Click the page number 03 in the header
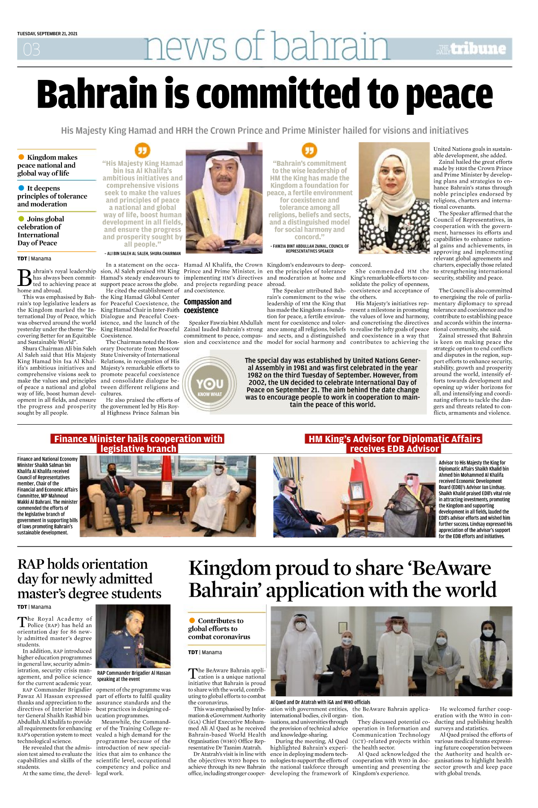[x=31, y=49]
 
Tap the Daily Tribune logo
[x=472, y=49]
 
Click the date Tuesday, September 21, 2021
[x=47, y=34]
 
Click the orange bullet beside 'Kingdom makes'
[x=21, y=157]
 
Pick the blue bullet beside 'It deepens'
[x=21, y=188]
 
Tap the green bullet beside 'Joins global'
[x=21, y=219]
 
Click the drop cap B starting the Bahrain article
[x=24, y=278]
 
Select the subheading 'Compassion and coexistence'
[x=207, y=306]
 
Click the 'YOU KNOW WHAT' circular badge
[x=210, y=385]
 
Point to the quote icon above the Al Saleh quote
[x=142, y=150]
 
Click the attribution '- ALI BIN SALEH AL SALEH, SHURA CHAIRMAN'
[x=142, y=254]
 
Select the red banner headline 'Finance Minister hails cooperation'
[x=138, y=444]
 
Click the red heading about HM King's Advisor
[x=394, y=444]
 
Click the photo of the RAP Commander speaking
[x=133, y=636]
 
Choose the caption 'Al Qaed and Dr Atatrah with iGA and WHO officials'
[x=320, y=702]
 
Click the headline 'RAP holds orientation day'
[x=89, y=579]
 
